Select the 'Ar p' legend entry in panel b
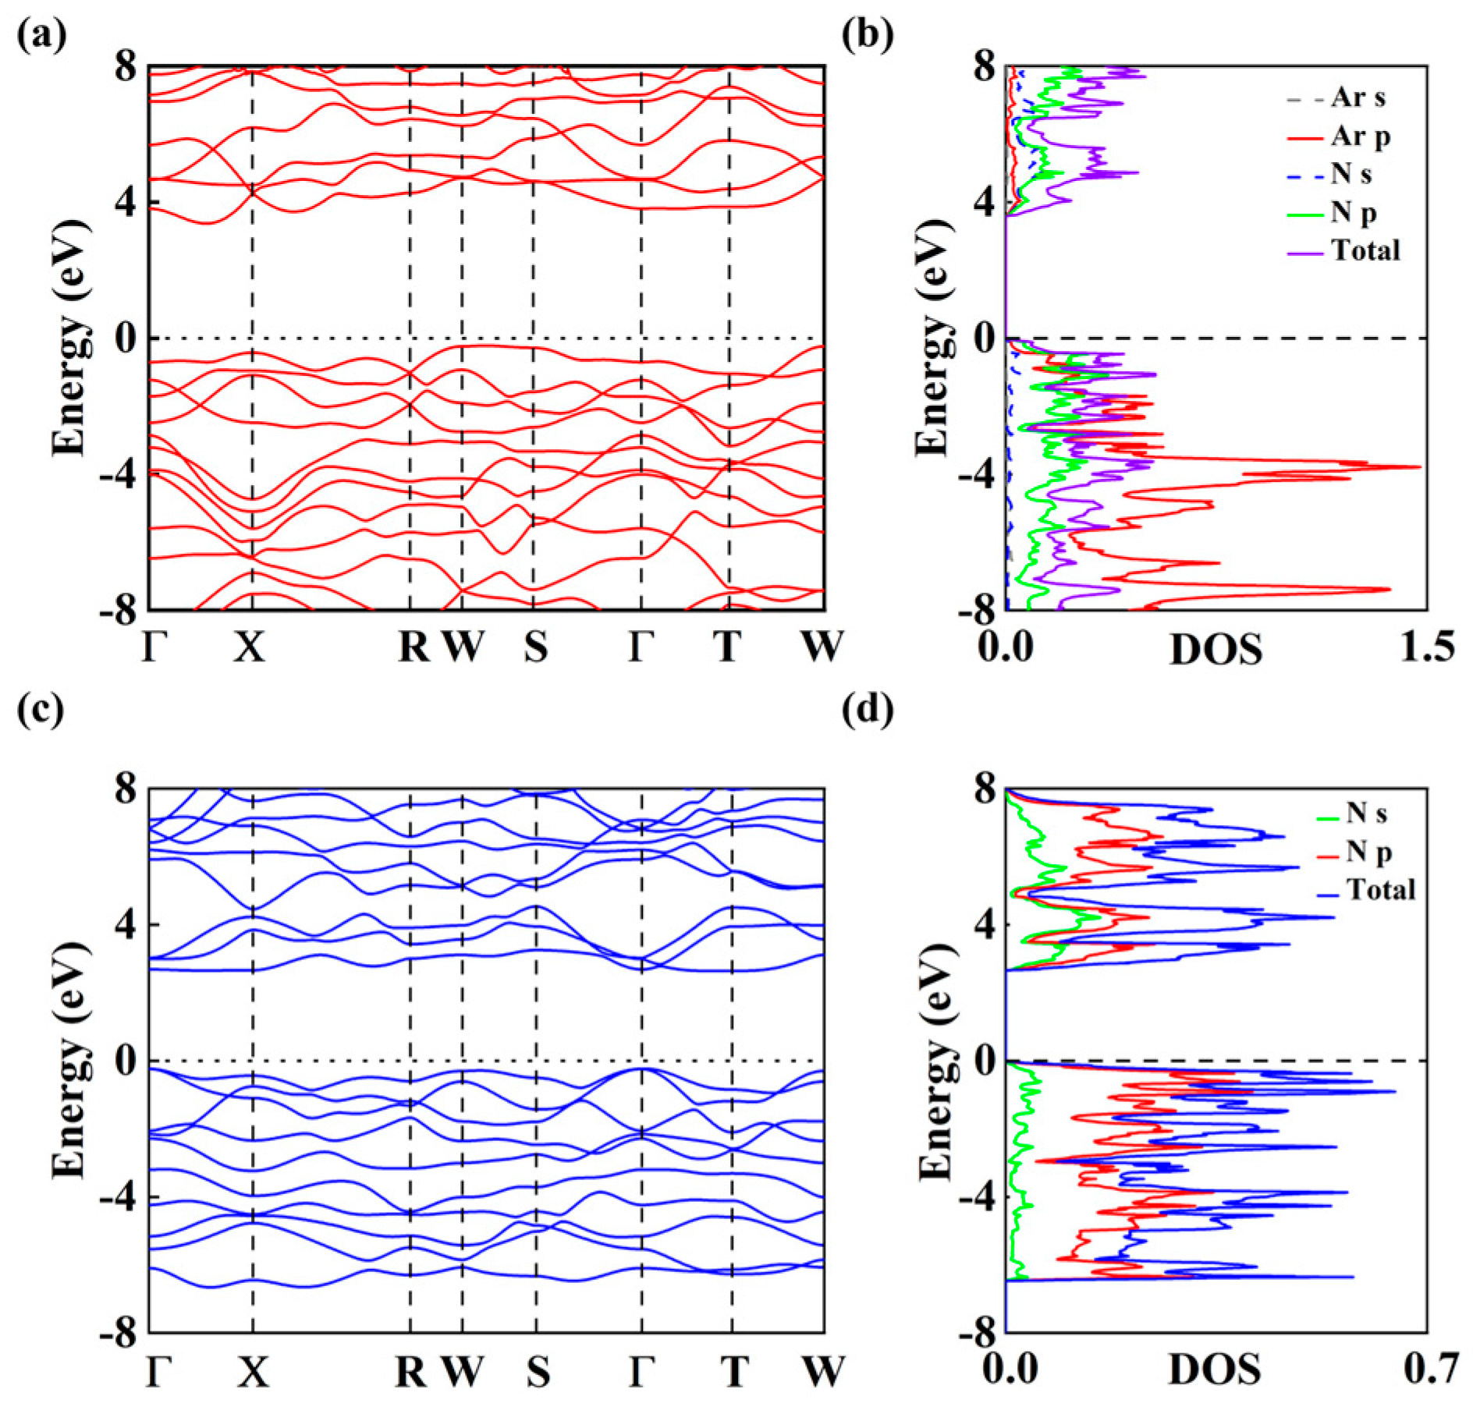[x=1360, y=137]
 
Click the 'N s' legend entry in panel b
[x=1350, y=175]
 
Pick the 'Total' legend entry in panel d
[x=1380, y=889]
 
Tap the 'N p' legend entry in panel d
[x=1368, y=852]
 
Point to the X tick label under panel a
[x=250, y=647]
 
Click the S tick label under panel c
[x=537, y=1373]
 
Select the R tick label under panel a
[x=413, y=647]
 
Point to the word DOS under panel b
[x=1215, y=649]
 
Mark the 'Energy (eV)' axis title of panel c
[x=70, y=1061]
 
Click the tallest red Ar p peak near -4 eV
[x=1418, y=466]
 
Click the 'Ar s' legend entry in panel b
[x=1358, y=99]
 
